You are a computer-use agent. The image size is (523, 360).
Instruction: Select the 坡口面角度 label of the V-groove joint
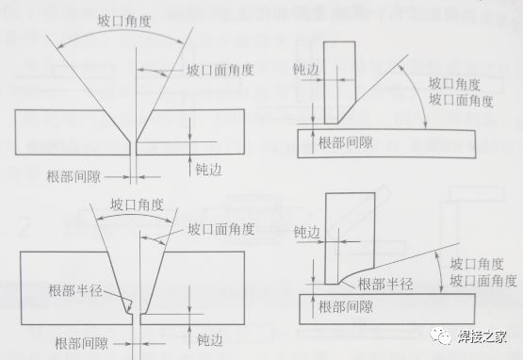[220, 71]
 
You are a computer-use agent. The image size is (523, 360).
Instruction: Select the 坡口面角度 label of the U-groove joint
[220, 229]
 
